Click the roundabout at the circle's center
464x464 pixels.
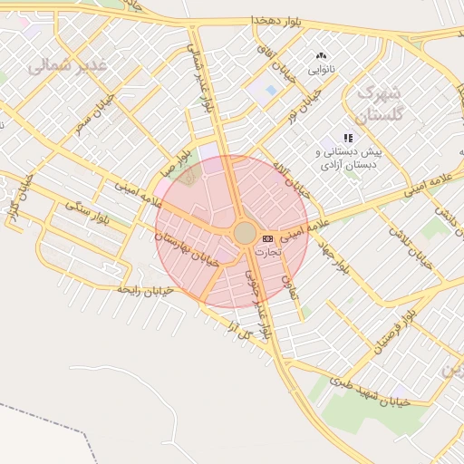pos(245,233)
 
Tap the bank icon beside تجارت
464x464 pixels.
pos(266,237)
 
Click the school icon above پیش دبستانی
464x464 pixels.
pos(348,138)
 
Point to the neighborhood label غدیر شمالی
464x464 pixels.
pos(67,65)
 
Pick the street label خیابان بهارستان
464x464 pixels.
pos(187,247)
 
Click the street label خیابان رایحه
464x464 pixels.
pos(144,289)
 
